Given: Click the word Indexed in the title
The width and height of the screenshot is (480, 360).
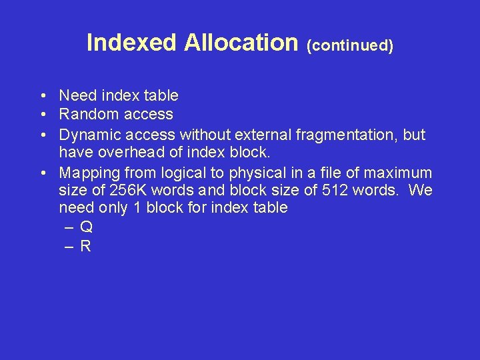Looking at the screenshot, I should tap(132, 43).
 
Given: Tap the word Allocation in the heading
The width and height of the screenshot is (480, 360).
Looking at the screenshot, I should tap(241, 43).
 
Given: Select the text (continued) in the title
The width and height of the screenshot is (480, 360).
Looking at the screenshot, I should tap(349, 45).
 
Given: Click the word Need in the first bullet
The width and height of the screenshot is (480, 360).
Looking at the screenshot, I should tap(78, 95).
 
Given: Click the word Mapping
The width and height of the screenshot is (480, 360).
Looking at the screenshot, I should tap(89, 173).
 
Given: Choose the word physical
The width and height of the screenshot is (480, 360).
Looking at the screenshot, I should tap(258, 173).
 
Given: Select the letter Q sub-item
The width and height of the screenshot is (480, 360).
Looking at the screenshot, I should tap(86, 227).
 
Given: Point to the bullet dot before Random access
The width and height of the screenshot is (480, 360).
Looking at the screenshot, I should tap(42, 115).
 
